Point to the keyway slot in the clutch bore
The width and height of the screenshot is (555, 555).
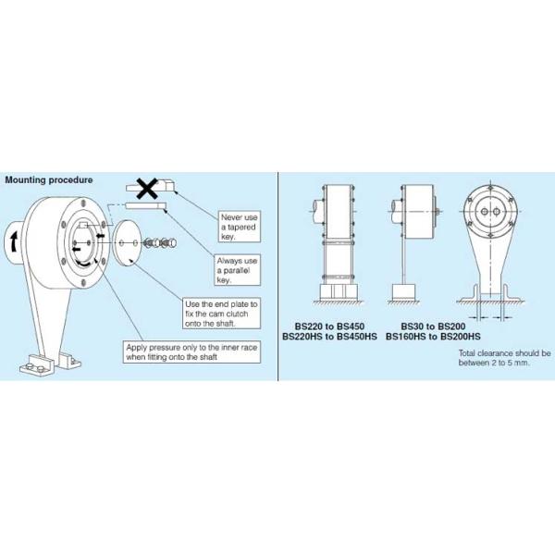[84, 225]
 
